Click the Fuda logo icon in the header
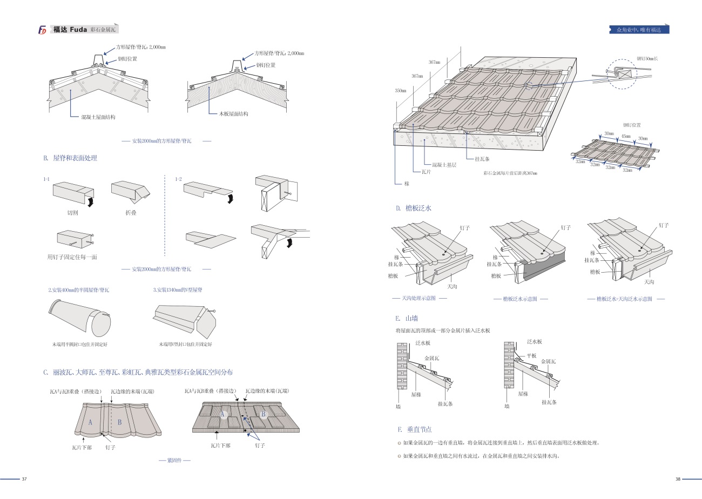coord(42,30)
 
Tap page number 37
coord(24,479)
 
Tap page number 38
coord(678,479)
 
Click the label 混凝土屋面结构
coord(98,117)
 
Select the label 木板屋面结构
coord(233,114)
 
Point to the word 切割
coord(73,213)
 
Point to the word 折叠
coord(130,213)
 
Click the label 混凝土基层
coord(444,165)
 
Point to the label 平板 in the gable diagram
coord(532,355)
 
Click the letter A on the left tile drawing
coord(91,422)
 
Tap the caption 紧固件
coord(175,461)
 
